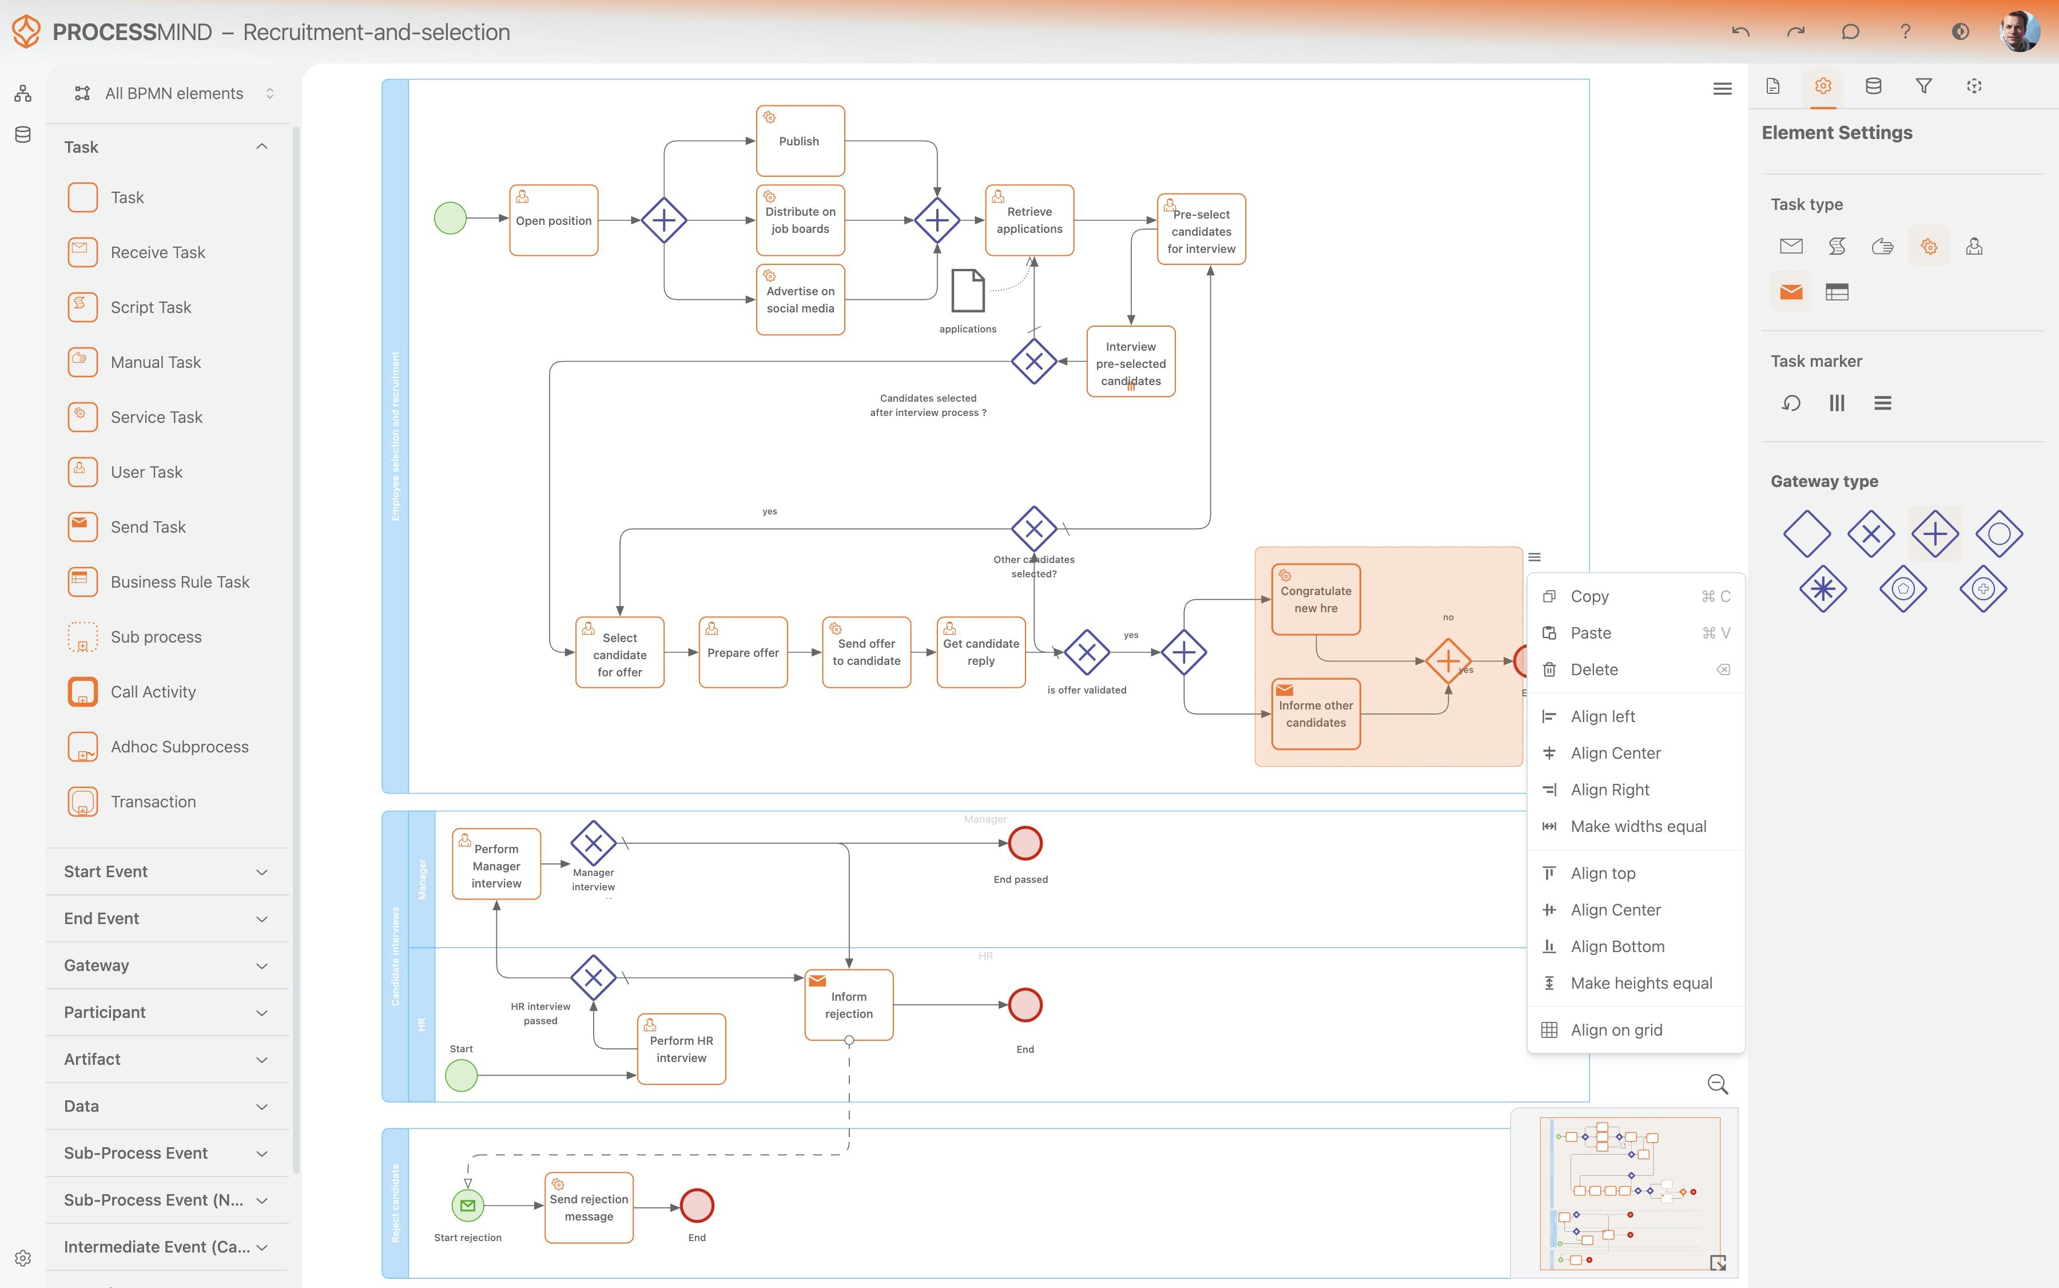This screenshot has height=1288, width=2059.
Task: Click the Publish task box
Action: (x=800, y=141)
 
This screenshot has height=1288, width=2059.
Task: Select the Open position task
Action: (x=554, y=221)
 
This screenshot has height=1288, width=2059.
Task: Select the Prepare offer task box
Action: (x=742, y=652)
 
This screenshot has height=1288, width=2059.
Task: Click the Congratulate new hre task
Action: (x=1315, y=600)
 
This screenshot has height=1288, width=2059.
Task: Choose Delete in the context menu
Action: (x=1594, y=669)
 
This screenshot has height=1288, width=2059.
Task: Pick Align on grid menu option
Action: (x=1616, y=1030)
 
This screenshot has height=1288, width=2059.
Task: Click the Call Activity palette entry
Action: (x=153, y=692)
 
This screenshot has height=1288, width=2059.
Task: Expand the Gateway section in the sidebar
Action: (x=167, y=965)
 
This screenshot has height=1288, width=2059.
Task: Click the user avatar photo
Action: (x=2018, y=31)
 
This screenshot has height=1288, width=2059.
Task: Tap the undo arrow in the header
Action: (x=1740, y=31)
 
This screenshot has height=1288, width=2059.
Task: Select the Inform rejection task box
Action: (x=849, y=1005)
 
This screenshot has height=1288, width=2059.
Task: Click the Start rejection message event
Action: (x=467, y=1206)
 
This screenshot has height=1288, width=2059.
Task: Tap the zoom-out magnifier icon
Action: (x=1718, y=1084)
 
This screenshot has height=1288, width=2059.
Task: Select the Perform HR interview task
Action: (x=681, y=1049)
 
